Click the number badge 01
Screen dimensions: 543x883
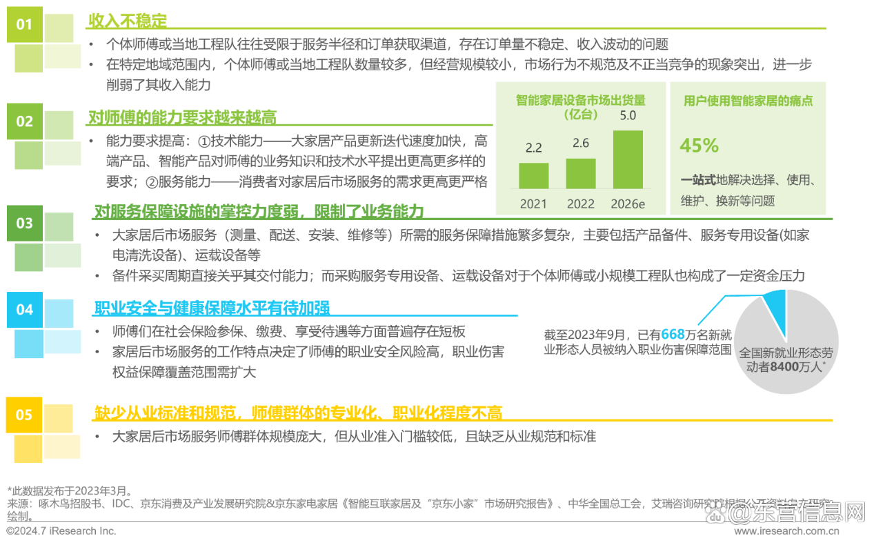(x=24, y=25)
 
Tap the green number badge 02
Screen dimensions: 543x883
(x=24, y=121)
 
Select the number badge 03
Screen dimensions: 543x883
(x=24, y=223)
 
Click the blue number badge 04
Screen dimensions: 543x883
(x=24, y=310)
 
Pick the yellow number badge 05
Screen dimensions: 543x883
(x=24, y=415)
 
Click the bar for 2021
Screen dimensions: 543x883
(x=533, y=175)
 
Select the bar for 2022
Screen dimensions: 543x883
(x=580, y=173)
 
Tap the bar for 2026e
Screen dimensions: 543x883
(x=627, y=159)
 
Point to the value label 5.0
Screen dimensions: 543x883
(x=628, y=115)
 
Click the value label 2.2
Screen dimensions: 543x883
(x=533, y=148)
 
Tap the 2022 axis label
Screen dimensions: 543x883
(x=580, y=204)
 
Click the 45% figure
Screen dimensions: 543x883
(x=699, y=146)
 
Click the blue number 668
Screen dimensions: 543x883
(x=673, y=335)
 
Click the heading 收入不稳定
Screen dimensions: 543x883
(x=128, y=21)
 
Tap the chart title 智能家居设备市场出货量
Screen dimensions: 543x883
(x=580, y=100)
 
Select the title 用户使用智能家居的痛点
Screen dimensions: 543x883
(x=748, y=101)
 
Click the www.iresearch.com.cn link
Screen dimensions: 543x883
(x=786, y=532)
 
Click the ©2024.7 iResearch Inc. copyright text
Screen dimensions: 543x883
(x=61, y=531)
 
